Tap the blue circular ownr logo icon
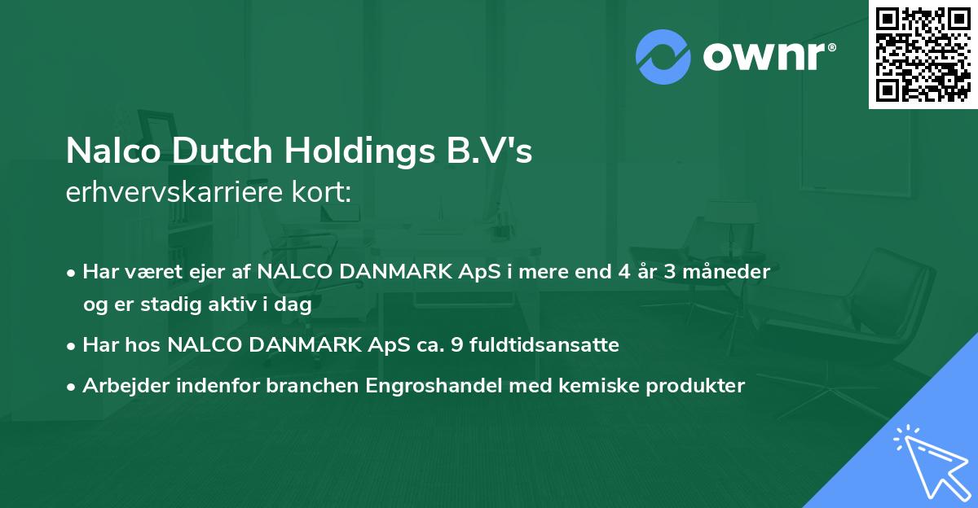(x=663, y=57)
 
